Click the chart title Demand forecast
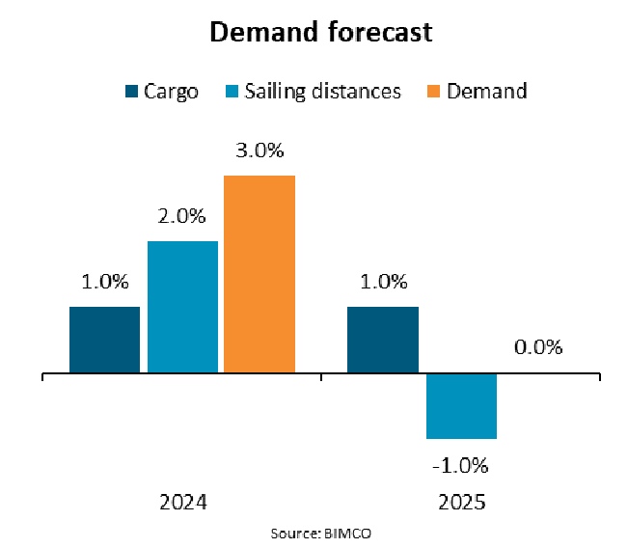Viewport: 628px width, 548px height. (321, 32)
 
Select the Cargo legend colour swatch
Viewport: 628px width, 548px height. (131, 92)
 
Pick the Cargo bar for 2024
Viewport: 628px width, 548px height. (105, 340)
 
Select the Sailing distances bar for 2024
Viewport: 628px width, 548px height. (182, 307)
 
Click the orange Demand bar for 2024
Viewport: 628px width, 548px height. (259, 274)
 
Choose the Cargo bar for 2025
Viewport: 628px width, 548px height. (383, 340)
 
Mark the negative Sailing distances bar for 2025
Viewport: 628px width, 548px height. (461, 405)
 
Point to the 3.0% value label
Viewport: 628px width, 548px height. (259, 152)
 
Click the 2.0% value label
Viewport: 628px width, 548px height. (182, 218)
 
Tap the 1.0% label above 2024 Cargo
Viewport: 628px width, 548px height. (105, 283)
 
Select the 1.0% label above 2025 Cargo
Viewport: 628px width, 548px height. (383, 283)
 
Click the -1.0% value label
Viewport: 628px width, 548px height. (461, 464)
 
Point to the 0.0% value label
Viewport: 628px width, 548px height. (538, 348)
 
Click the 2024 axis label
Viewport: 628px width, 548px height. (182, 503)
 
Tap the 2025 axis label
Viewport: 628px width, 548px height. (460, 503)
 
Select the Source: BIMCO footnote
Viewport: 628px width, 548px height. (321, 533)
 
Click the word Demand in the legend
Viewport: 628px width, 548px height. (488, 92)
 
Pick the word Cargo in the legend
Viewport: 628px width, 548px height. (171, 92)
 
